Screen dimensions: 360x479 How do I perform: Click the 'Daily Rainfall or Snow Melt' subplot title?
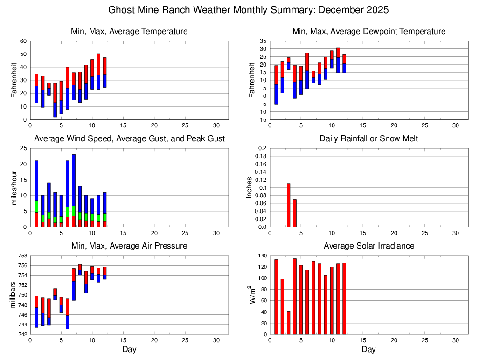pyautogui.click(x=368, y=138)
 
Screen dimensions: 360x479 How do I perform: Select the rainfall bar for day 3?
pyautogui.click(x=288, y=205)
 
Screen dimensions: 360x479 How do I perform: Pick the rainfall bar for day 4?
pyautogui.click(x=295, y=213)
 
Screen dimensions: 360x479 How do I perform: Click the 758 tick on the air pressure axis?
pyautogui.click(x=22, y=256)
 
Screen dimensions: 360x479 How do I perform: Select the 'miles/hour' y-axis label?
pyautogui.click(x=14, y=187)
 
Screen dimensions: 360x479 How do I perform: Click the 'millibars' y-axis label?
pyautogui.click(x=14, y=295)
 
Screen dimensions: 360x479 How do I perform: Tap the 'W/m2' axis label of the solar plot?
pyautogui.click(x=252, y=295)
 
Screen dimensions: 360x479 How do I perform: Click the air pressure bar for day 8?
pyautogui.click(x=80, y=270)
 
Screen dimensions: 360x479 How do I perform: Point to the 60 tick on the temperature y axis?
pyautogui.click(x=23, y=41)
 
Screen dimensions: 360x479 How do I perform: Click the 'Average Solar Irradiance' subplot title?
pyautogui.click(x=368, y=246)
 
